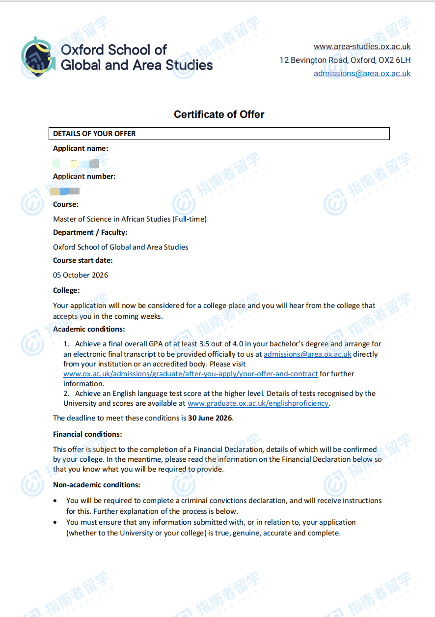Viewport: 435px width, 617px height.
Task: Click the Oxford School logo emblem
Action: point(38,56)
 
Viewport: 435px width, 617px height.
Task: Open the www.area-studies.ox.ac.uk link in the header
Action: point(362,47)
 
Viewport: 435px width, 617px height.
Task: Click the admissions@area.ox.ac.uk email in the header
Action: point(362,73)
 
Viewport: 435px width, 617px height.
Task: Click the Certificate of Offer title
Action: point(219,114)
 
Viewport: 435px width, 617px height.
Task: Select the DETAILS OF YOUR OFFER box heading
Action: point(94,134)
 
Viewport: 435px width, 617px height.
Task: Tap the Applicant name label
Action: point(81,148)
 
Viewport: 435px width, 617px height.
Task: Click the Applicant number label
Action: point(84,176)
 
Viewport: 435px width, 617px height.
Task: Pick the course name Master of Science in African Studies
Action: point(130,219)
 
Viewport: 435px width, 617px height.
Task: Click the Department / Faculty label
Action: point(90,232)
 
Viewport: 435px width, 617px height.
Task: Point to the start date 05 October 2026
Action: point(81,275)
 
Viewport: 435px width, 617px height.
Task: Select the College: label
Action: point(66,290)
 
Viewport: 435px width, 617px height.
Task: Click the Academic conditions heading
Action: point(89,329)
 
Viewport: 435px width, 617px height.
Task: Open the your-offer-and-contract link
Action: point(190,374)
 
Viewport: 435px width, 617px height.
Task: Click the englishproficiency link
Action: point(258,403)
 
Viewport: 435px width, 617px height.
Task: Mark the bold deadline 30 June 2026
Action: point(210,419)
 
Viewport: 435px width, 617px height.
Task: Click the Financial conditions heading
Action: point(87,434)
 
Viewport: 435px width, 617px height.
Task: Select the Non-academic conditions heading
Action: point(96,485)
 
